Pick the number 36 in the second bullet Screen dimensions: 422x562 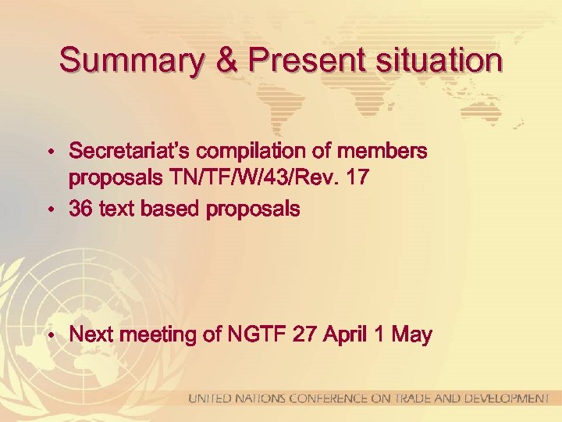pyautogui.click(x=81, y=209)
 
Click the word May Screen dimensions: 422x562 pyautogui.click(x=411, y=335)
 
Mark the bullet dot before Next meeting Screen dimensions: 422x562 pyautogui.click(x=50, y=336)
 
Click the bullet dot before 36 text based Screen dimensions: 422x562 pyautogui.click(x=50, y=209)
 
